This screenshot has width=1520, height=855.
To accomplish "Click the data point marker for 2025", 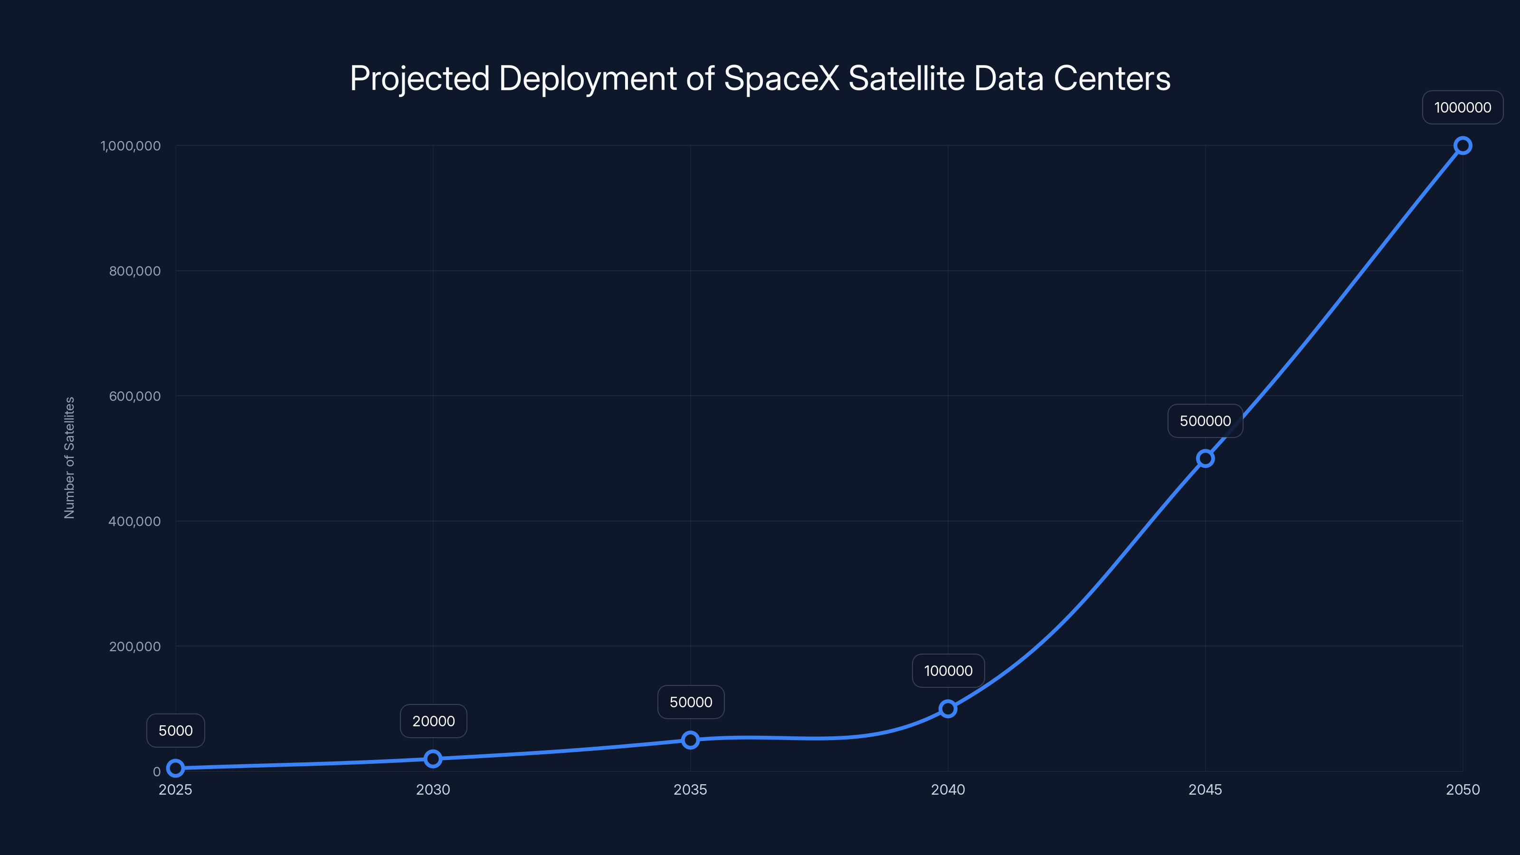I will click(175, 768).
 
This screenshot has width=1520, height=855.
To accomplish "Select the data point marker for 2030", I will click(433, 758).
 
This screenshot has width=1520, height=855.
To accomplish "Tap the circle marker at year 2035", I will click(690, 740).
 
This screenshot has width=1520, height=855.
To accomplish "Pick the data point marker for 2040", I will click(948, 708).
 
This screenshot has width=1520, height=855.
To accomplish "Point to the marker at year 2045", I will click(1205, 458).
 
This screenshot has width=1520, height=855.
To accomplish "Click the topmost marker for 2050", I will click(1462, 145).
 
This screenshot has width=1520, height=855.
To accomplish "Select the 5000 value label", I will click(176, 731).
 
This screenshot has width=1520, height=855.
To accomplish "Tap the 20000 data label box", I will click(433, 721).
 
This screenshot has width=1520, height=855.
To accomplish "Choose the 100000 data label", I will click(948, 671).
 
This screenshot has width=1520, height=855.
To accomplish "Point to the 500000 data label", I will click(1205, 421).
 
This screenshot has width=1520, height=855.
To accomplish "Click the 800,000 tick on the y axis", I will click(134, 271).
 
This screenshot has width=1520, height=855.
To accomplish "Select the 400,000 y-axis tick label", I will click(134, 521).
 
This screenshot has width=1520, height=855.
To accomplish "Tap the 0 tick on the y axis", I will click(156, 771).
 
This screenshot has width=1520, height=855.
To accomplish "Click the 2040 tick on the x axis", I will click(948, 789).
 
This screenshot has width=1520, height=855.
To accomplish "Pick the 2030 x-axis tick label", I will click(433, 789).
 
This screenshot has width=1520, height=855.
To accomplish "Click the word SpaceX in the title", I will click(781, 78).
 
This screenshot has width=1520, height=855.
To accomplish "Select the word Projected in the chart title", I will click(419, 78).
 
